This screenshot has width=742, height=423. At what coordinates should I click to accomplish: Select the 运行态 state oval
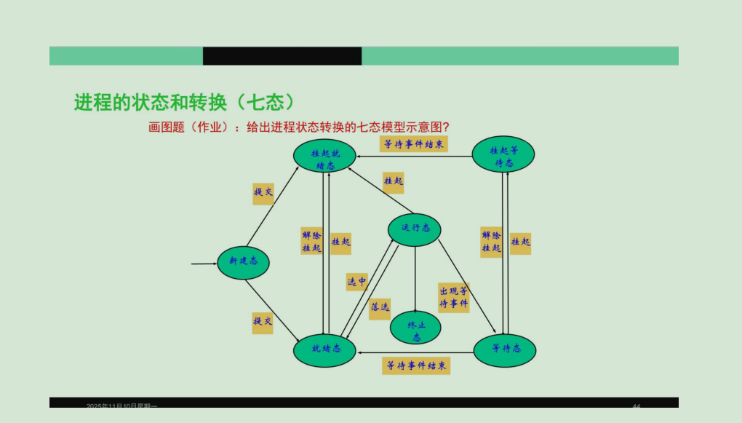tap(415, 229)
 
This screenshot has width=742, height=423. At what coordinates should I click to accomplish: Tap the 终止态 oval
tap(415, 328)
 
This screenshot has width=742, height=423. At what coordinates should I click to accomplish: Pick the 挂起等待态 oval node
tap(503, 154)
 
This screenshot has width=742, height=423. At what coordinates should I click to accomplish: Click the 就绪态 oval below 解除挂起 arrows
tap(324, 350)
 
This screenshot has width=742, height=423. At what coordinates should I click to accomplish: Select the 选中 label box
tap(356, 282)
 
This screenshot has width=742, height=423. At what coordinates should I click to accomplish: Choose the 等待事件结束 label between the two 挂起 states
tap(414, 144)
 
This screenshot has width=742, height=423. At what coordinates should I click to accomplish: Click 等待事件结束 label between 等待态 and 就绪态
tap(416, 365)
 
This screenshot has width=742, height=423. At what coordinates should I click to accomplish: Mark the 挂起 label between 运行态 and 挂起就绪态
tap(393, 182)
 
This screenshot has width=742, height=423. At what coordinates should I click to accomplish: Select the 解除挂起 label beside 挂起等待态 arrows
tap(491, 242)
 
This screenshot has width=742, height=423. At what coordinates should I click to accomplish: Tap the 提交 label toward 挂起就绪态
tap(263, 193)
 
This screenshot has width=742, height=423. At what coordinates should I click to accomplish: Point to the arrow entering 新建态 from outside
tap(204, 264)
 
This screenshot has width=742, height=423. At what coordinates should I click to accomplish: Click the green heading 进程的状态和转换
tap(183, 103)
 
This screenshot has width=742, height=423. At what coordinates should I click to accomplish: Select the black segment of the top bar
tap(282, 56)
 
